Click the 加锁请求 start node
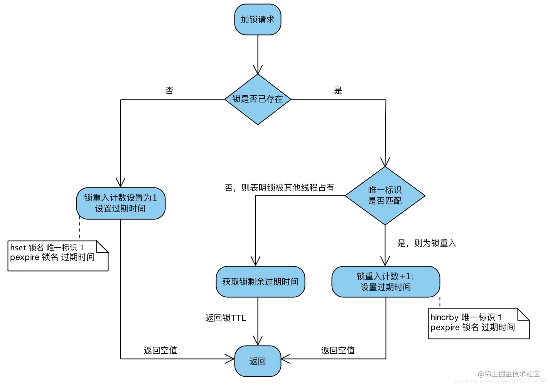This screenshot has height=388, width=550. (258, 20)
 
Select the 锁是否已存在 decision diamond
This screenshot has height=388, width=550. (258, 100)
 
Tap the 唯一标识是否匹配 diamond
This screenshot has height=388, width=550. (385, 196)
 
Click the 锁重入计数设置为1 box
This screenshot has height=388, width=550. (121, 203)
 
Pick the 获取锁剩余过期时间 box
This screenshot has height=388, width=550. (260, 282)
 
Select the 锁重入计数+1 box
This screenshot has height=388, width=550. (385, 282)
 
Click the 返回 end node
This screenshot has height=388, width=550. (258, 361)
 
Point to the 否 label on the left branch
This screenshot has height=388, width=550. (169, 91)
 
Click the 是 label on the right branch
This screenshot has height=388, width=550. (338, 91)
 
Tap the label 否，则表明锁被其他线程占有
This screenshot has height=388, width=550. (279, 188)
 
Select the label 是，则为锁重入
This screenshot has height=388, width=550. (427, 243)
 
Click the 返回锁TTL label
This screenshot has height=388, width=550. (226, 318)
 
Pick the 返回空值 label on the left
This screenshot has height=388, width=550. (160, 351)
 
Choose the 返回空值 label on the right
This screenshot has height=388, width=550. (338, 351)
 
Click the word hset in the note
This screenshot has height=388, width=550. (18, 248)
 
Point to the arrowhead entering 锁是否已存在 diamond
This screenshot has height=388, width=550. (258, 70)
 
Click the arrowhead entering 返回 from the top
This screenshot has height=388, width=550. (258, 341)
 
